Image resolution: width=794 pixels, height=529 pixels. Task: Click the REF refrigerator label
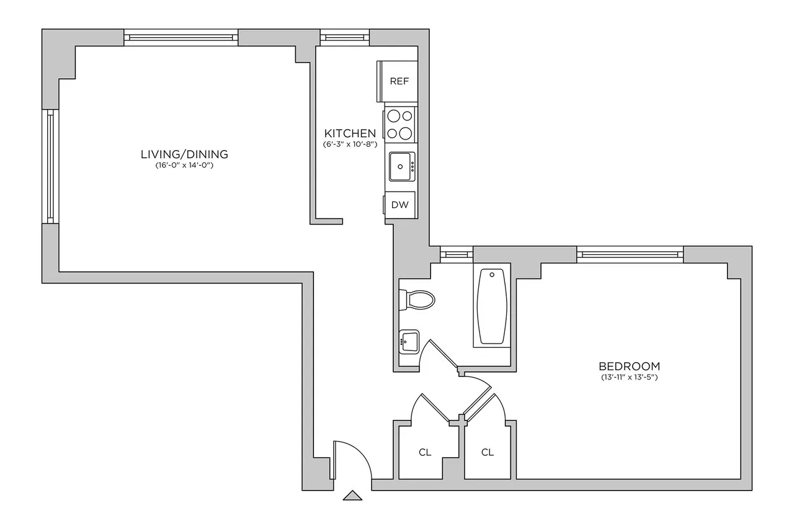pos(399,81)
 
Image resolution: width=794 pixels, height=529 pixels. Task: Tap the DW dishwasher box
pos(400,205)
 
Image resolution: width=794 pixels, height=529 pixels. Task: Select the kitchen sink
pos(402,166)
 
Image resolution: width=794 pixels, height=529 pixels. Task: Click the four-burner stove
pos(400,123)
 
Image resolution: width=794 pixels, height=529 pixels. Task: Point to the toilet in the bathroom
pos(419,300)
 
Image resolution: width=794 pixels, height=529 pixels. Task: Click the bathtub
pos(492,307)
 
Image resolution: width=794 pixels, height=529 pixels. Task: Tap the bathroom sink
pos(409,341)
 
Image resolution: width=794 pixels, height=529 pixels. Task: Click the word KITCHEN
pos(350,133)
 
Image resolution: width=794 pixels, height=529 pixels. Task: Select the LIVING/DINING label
pos(184,154)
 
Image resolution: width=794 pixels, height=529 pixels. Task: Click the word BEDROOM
pos(628,366)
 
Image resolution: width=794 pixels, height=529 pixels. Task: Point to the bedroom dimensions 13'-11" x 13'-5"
pos(628,378)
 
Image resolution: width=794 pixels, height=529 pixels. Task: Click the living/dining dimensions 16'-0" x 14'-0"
pos(184,166)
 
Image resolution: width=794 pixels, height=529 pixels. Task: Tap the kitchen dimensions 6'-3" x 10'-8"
pos(350,144)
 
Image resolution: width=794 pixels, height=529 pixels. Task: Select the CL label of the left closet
pos(424,452)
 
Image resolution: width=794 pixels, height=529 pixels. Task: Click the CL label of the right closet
pos(488,452)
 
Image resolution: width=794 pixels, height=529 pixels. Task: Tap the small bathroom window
pos(456,253)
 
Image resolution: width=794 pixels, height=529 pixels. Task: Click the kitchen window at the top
pos(344,38)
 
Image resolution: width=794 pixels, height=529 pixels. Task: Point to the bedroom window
pos(630,253)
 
